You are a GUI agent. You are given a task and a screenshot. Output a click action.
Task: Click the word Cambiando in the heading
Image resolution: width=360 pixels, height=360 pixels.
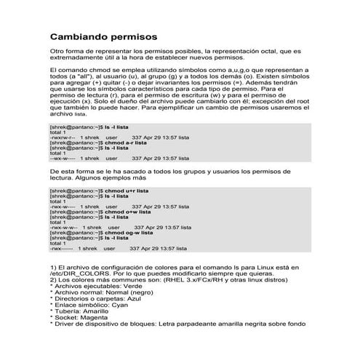pyautogui.click(x=79, y=36)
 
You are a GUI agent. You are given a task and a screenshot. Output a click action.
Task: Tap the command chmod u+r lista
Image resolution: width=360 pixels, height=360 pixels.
pyautogui.click(x=121, y=191)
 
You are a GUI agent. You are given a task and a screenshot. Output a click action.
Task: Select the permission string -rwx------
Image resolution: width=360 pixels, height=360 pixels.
pyautogui.click(x=61, y=247)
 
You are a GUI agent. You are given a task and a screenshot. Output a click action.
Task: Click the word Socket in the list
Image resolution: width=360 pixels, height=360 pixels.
pyautogui.click(x=65, y=318)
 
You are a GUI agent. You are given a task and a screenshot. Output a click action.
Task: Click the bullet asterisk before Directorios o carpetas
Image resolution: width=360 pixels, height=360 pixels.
pyautogui.click(x=51, y=299)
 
